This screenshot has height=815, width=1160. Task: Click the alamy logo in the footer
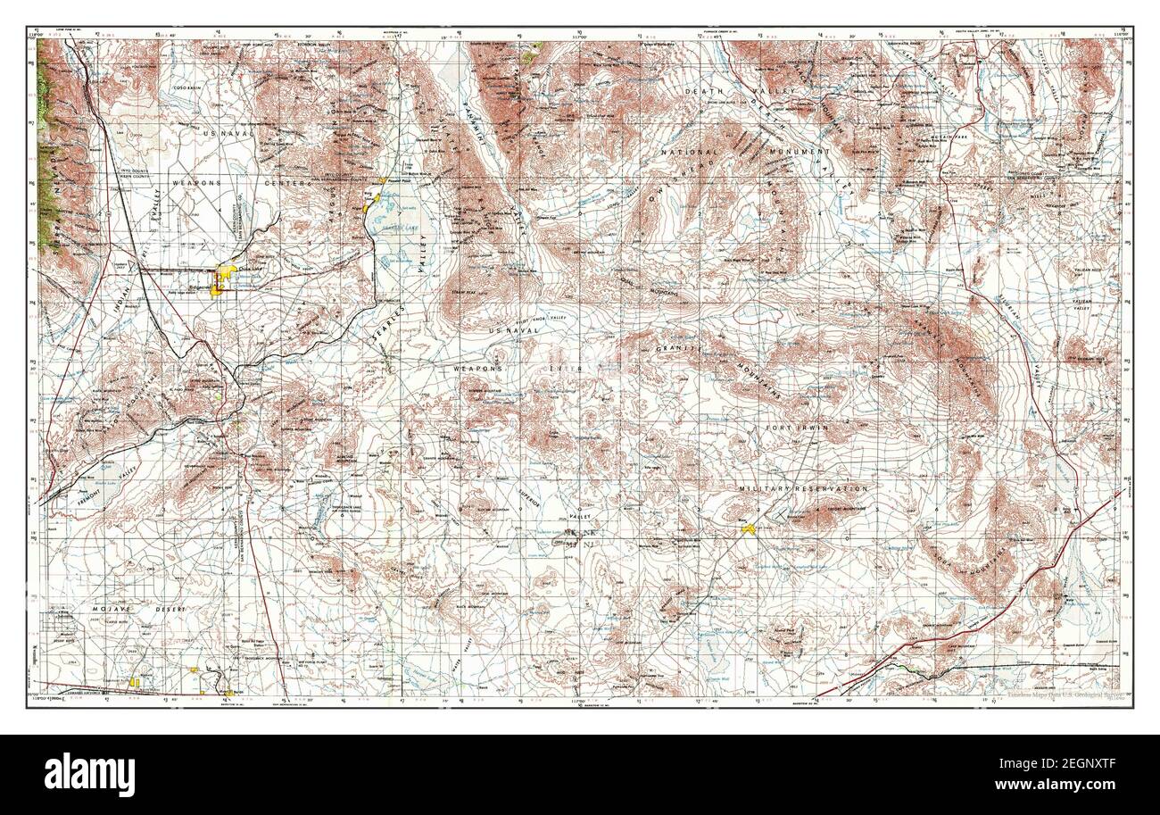coord(89,773)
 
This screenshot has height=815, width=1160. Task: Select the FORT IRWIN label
coord(797,428)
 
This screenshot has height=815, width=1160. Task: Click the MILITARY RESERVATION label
coord(803,489)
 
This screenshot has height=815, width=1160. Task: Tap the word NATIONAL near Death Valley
coord(714,153)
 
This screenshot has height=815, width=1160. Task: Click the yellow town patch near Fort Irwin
coord(748,529)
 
